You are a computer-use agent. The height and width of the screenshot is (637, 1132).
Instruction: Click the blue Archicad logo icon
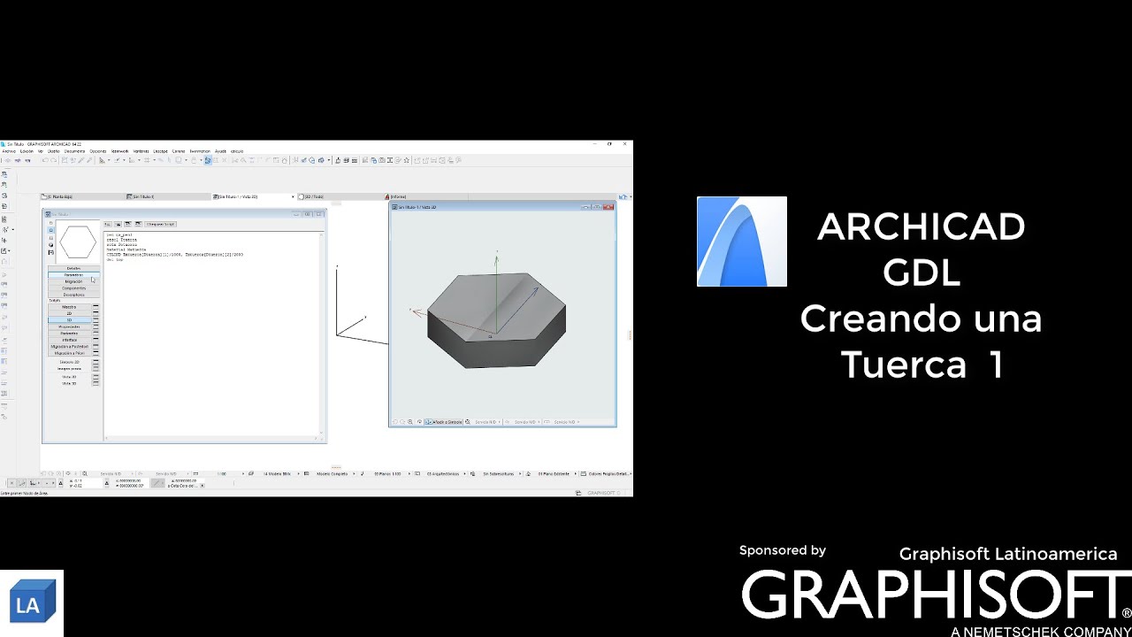(x=741, y=242)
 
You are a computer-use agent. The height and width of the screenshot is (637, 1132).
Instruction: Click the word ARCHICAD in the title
(x=921, y=227)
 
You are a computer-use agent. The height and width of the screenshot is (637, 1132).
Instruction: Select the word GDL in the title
(x=921, y=273)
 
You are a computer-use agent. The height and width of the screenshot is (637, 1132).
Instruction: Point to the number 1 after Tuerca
(x=996, y=365)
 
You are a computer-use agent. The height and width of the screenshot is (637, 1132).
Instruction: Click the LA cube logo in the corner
(x=33, y=604)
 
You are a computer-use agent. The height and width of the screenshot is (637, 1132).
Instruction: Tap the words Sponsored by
(x=782, y=550)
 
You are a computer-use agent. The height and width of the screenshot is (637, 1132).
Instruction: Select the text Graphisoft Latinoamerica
(x=1007, y=554)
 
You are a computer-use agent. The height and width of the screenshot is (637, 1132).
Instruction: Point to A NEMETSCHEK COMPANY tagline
(x=1040, y=631)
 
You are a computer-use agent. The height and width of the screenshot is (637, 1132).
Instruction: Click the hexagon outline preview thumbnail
(x=78, y=242)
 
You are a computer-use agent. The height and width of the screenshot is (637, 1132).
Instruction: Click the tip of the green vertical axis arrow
(x=496, y=256)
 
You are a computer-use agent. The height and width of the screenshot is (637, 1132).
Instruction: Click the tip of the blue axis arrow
(x=537, y=288)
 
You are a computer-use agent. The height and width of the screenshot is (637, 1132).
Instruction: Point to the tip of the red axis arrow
(x=411, y=310)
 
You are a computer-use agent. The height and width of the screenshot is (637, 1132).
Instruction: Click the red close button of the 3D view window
(x=609, y=207)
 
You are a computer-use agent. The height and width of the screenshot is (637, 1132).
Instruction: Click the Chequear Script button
(x=161, y=224)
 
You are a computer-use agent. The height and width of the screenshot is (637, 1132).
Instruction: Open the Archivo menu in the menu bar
(x=9, y=151)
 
